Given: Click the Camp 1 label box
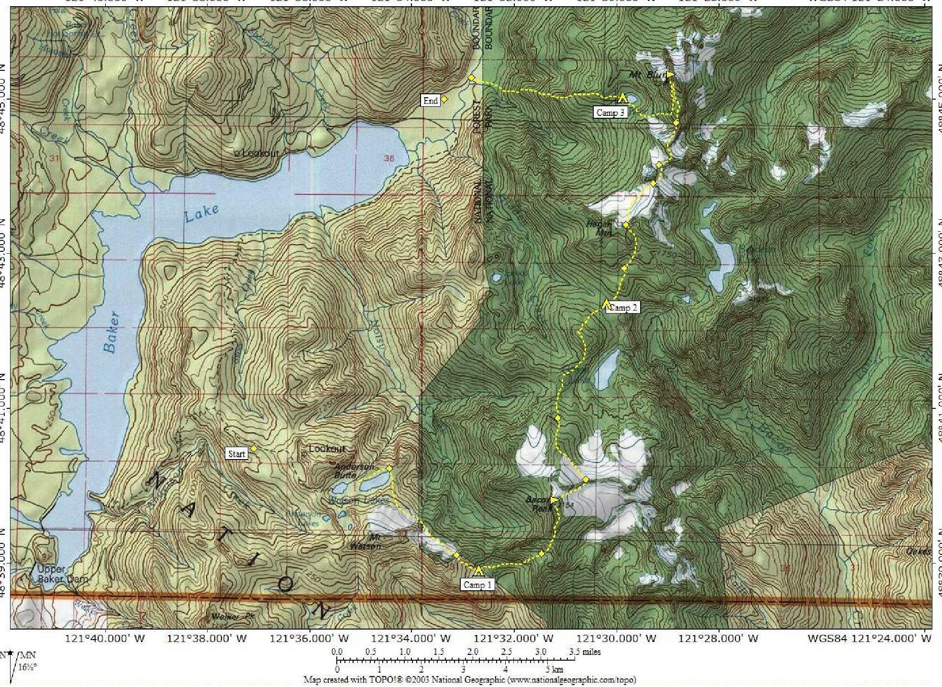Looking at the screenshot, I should (477, 585).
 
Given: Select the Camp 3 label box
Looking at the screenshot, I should (610, 113).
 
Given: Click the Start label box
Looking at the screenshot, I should (236, 454).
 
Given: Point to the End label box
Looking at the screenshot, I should (430, 101).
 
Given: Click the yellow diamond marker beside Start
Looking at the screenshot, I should (254, 449).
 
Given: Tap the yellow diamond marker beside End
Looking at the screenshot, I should (444, 99).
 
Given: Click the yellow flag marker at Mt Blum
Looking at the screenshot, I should (670, 74).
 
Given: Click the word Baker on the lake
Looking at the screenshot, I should (111, 332).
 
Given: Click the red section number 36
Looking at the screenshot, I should (389, 158).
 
